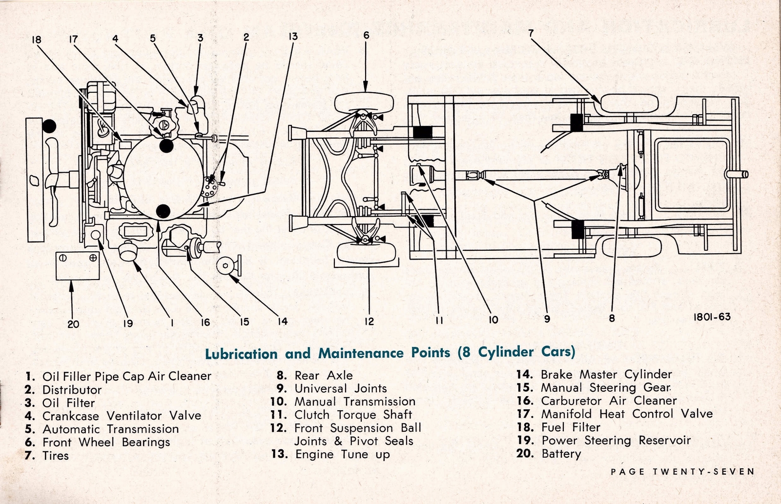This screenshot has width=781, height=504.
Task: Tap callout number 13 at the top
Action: (293, 36)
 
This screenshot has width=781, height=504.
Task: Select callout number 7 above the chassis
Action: (531, 34)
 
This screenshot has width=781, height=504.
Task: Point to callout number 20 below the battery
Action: (73, 323)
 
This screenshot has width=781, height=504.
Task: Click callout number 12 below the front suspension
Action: (369, 321)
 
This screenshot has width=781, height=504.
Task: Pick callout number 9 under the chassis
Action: (547, 319)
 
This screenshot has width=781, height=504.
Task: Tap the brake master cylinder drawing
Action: (226, 265)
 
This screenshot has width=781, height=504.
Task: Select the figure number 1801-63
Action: (712, 317)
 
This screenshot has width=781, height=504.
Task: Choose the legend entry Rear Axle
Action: (323, 375)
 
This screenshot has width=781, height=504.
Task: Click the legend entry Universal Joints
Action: (340, 388)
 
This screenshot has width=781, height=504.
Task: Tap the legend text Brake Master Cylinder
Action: (606, 374)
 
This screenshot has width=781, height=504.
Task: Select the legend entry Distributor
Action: (72, 390)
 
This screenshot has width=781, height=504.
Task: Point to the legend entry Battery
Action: (561, 454)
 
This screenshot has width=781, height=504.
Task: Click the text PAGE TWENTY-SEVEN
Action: (682, 472)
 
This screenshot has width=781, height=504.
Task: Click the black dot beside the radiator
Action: (49, 126)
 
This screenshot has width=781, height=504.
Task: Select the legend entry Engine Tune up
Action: (342, 454)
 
